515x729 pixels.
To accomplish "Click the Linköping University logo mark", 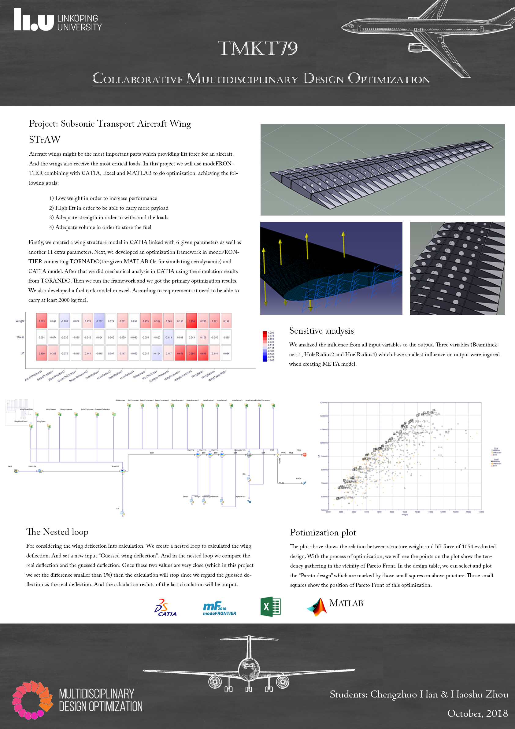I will click(x=34, y=20).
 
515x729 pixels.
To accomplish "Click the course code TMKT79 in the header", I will click(x=257, y=49).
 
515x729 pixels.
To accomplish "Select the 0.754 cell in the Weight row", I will click(x=192, y=321).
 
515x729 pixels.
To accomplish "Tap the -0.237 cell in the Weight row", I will click(x=99, y=321).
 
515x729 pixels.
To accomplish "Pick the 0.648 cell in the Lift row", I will click(x=203, y=353).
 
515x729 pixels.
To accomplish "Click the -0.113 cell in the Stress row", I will click(x=169, y=337).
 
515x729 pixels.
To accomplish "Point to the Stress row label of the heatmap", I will click(x=20, y=337).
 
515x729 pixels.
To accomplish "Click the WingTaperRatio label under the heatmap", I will click(x=217, y=376).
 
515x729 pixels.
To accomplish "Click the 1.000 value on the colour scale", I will click(x=271, y=333).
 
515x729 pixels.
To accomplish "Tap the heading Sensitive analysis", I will click(x=321, y=331).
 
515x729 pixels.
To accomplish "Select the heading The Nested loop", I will click(x=57, y=532).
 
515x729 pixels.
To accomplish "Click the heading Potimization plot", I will click(x=323, y=532).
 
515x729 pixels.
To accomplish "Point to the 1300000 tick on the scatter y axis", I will click(x=324, y=403).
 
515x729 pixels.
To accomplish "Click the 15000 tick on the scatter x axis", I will click(x=481, y=512).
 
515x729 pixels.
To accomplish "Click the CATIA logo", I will click(x=165, y=608).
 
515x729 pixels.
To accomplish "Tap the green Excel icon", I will click(x=271, y=606).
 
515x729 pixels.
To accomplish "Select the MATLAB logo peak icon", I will click(x=317, y=607).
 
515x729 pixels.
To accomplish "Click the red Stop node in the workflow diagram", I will click(x=305, y=455).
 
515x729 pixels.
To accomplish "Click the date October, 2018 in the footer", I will click(x=477, y=713).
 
